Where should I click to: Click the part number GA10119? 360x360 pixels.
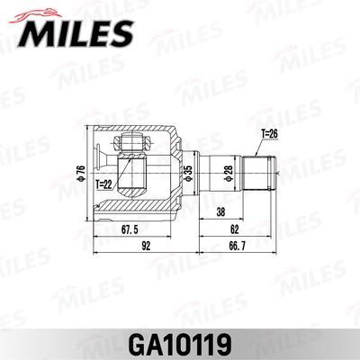[180, 343]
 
